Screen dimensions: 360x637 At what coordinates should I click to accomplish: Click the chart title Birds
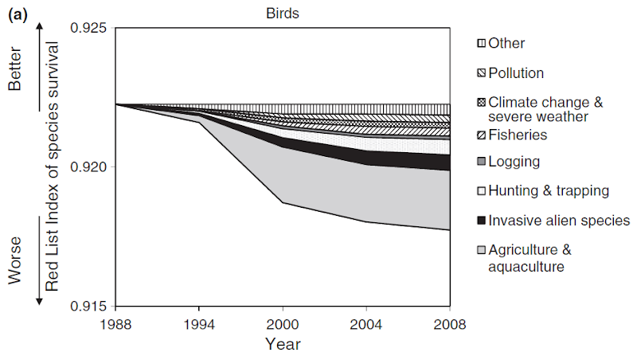click(x=283, y=12)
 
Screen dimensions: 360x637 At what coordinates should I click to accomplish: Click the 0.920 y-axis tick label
click(x=91, y=167)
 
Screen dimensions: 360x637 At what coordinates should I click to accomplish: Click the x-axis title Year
click(x=283, y=345)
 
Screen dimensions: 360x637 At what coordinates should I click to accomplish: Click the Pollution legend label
click(x=516, y=73)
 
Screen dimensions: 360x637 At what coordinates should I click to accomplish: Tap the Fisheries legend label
click(x=518, y=135)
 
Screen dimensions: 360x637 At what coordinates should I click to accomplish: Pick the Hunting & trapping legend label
click(x=549, y=191)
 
